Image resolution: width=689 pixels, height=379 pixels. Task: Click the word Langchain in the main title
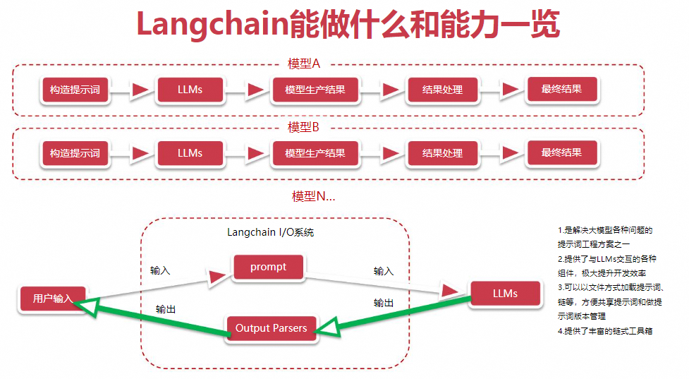(x=212, y=24)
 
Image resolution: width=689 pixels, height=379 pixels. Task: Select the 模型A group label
(x=304, y=64)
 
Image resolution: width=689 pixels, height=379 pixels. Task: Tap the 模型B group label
(x=303, y=127)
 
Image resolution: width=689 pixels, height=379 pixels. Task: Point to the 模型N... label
(x=313, y=196)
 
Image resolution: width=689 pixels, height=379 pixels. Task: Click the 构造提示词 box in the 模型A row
(x=75, y=90)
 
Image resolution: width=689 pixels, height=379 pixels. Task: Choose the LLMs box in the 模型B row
(x=190, y=153)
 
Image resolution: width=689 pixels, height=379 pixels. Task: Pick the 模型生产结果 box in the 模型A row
(x=315, y=90)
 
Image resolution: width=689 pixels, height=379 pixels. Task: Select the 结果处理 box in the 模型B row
(x=442, y=153)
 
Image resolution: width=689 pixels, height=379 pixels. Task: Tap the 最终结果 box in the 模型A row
(x=561, y=89)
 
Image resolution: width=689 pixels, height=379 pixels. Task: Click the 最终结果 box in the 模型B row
(x=561, y=152)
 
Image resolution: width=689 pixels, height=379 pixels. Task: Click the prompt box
(x=268, y=267)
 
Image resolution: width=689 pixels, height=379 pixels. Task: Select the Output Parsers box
(x=271, y=328)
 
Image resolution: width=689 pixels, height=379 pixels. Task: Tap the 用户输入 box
(x=53, y=299)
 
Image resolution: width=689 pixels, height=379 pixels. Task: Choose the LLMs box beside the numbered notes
(x=506, y=294)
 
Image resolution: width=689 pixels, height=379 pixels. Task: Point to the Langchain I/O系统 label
(x=270, y=232)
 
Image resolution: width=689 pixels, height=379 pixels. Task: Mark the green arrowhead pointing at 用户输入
(x=86, y=306)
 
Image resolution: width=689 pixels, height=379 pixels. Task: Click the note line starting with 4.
(x=605, y=331)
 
